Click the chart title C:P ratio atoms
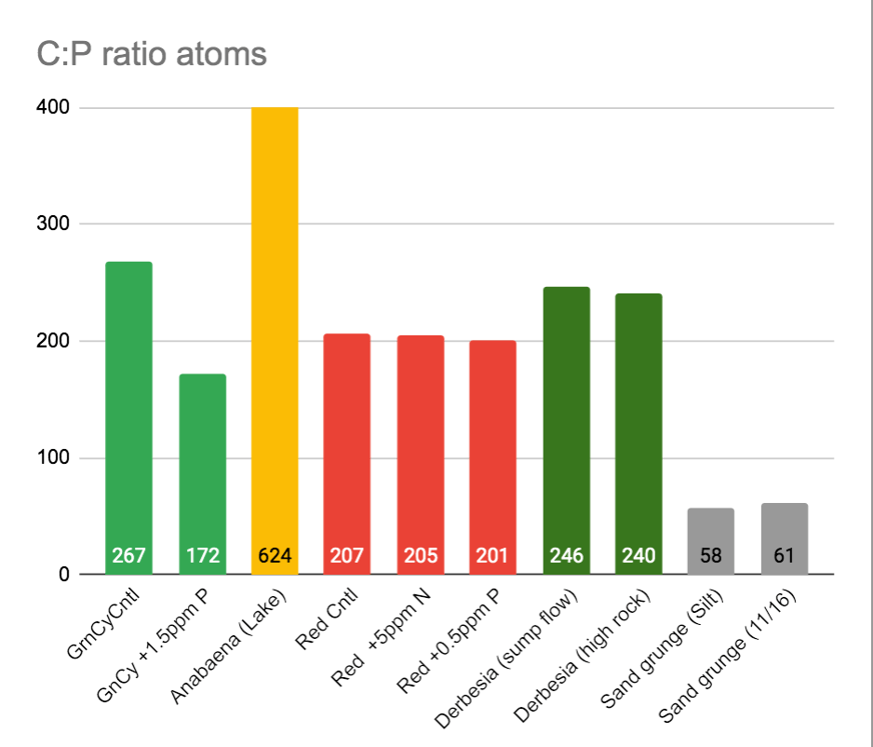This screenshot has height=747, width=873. point(152,54)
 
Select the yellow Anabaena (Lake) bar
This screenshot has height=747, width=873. point(275,326)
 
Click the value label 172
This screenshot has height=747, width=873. point(202,556)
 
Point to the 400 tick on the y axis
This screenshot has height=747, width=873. point(54,107)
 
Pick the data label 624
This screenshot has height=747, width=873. point(275,556)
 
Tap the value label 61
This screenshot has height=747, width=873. point(785,556)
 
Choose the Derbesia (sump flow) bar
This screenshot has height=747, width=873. point(566,419)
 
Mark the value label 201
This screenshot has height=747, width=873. point(493,556)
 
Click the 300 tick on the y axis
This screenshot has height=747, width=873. point(54,224)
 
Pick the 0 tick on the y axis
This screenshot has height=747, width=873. point(64,575)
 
